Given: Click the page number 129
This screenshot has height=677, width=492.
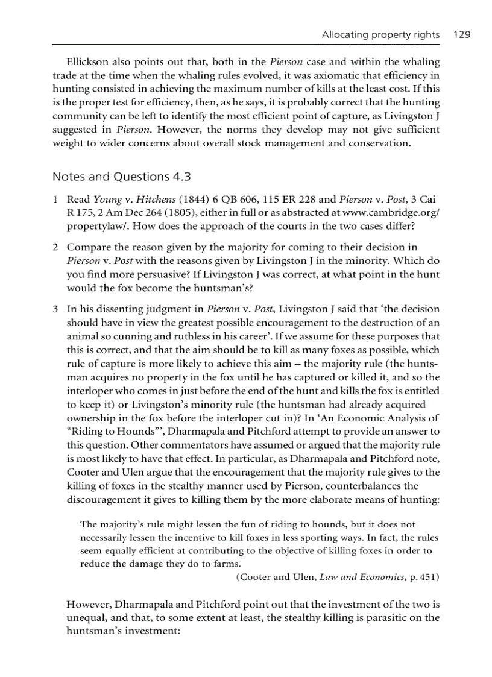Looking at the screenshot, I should pos(462,35).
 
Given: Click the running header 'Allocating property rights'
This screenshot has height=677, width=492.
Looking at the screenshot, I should pos(380,35).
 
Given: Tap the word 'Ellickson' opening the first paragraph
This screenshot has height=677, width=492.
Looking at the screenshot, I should pos(88,62).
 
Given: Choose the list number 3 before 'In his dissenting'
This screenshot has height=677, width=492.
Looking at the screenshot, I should pos(55,309).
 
